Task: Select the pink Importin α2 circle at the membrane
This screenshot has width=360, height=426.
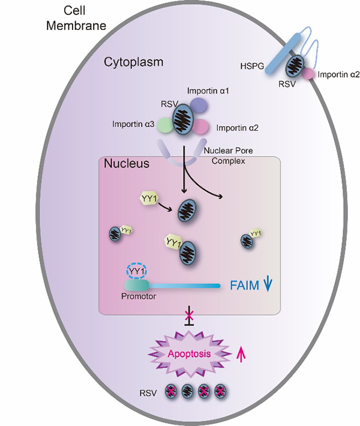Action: tap(308, 74)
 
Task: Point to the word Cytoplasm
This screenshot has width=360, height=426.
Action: tap(133, 62)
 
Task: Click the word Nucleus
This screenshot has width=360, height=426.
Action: tap(126, 163)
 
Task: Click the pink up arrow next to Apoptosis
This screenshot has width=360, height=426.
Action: tap(242, 355)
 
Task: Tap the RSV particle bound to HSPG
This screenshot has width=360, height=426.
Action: tap(293, 67)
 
